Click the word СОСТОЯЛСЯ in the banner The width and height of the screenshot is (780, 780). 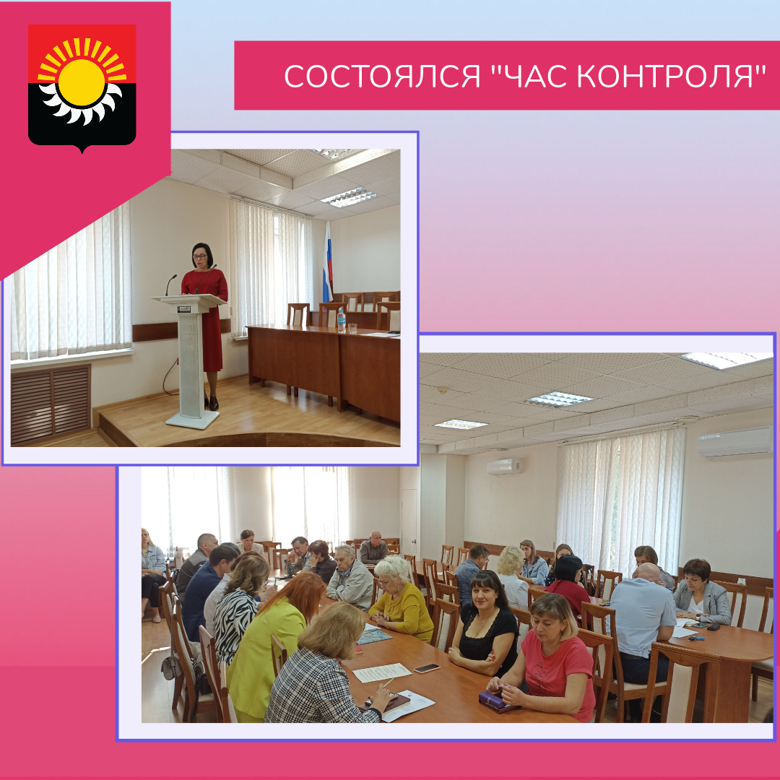tap(383, 77)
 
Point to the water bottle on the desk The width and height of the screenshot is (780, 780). tap(341, 321)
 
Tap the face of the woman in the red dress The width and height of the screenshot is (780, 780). tap(201, 256)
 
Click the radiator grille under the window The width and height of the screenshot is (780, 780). tap(51, 404)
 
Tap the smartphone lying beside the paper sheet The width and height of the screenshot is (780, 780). tap(427, 668)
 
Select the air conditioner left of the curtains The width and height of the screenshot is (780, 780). tap(504, 466)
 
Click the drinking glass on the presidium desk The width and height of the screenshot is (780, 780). tap(352, 328)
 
